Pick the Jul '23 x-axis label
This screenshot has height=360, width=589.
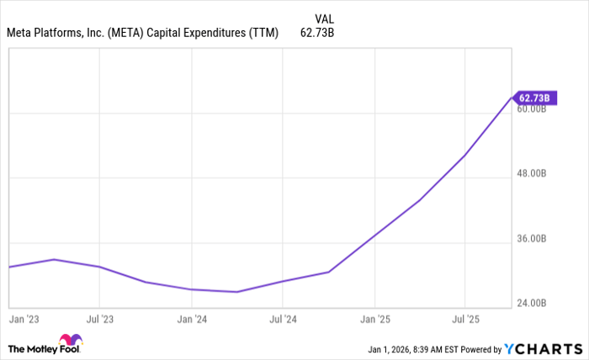pyautogui.click(x=100, y=320)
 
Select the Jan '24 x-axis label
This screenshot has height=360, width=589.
pyautogui.click(x=192, y=320)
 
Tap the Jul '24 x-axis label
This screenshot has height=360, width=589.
pyautogui.click(x=283, y=320)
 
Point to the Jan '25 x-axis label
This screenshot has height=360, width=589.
pyautogui.click(x=374, y=320)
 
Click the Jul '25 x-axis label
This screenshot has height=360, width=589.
pyautogui.click(x=465, y=320)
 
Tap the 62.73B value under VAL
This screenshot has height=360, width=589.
pyautogui.click(x=319, y=34)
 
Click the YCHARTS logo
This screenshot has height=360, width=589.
pyautogui.click(x=543, y=348)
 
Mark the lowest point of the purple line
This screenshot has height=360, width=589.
pyautogui.click(x=238, y=292)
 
